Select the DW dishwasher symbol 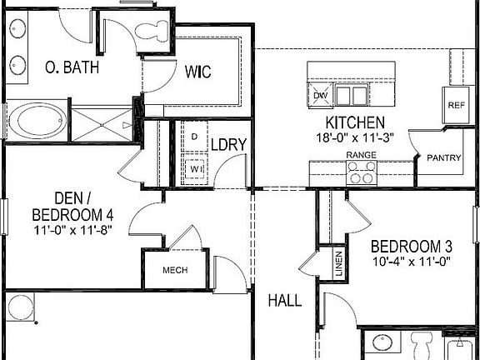pos(320,95)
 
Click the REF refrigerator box pos(456,105)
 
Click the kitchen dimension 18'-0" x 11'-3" pos(354,137)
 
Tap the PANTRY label pos(443,158)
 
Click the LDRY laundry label pos(227,144)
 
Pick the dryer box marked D pos(194,136)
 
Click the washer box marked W pos(194,167)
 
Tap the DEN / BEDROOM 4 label pos(72,207)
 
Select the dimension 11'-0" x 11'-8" pos(72,229)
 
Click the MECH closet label pos(174,270)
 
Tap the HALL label pos(284,300)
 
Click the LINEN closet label pos(338,264)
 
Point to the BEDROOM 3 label pos(412,247)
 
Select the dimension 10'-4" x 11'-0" pos(411,262)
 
